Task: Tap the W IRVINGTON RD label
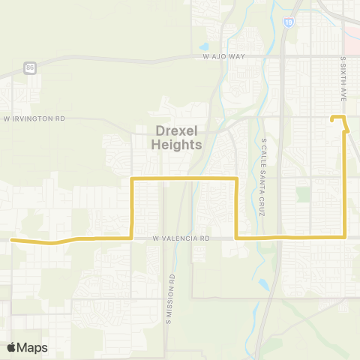click(34, 118)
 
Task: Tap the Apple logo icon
click(13, 347)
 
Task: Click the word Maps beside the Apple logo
click(33, 347)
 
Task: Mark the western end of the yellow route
click(12, 240)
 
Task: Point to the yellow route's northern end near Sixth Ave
click(334, 118)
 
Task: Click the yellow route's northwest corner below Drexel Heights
click(133, 179)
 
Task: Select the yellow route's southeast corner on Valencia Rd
click(344, 237)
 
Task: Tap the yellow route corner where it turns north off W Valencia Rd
click(133, 237)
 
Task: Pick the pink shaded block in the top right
click(352, 29)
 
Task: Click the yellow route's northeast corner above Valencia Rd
click(237, 178)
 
